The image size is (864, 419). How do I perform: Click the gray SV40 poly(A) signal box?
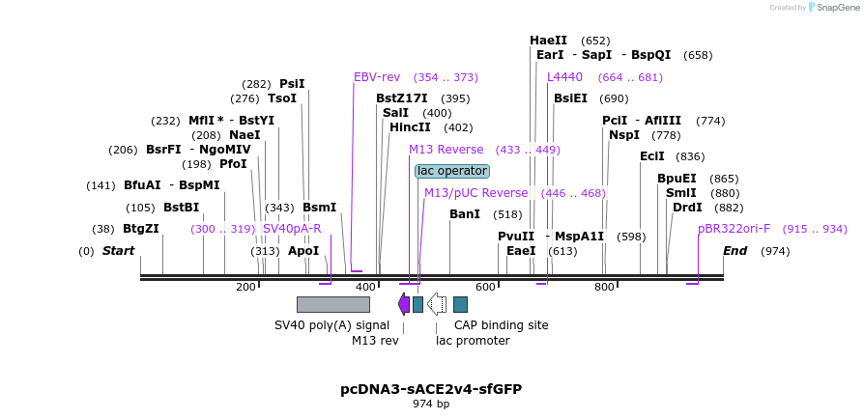[332, 304]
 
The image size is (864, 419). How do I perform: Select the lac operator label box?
[452, 171]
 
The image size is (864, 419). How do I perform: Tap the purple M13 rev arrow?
[404, 304]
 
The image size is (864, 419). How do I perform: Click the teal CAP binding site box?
[460, 304]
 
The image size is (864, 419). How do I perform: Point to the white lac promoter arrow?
[437, 304]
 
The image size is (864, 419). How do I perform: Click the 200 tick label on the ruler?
[245, 287]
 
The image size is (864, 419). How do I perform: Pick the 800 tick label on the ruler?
[604, 287]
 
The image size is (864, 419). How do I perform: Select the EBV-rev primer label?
[377, 77]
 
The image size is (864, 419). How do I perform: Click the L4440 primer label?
[564, 77]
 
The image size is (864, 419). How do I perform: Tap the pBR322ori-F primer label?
[734, 229]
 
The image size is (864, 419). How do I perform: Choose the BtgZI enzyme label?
[141, 229]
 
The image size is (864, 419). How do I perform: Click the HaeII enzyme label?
[548, 41]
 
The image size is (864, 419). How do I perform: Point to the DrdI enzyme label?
[687, 208]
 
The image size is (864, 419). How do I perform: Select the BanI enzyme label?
[465, 214]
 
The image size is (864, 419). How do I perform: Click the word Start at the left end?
[119, 251]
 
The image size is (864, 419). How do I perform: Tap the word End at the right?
[735, 251]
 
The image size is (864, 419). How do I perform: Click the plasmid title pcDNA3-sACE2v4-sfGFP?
[431, 389]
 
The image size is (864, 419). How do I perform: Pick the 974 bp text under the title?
[431, 405]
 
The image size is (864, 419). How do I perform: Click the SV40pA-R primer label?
[292, 229]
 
